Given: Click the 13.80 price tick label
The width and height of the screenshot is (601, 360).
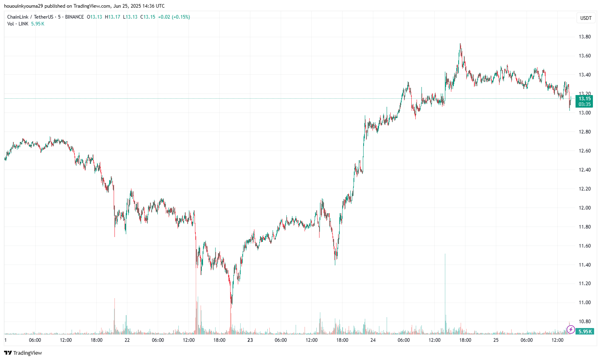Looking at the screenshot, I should (x=584, y=37).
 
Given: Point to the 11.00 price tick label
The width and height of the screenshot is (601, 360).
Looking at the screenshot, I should (x=584, y=303).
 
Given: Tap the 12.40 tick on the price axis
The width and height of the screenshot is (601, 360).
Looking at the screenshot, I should (x=584, y=170).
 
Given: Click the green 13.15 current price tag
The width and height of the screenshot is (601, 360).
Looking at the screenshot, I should (x=584, y=99).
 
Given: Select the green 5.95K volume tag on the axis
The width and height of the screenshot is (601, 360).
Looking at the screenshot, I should (x=585, y=331).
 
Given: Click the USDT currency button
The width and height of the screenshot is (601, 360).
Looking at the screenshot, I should (x=586, y=18).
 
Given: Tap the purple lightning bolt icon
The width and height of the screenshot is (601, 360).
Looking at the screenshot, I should (x=571, y=330).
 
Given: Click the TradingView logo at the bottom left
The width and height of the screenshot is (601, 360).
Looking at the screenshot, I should (x=23, y=353).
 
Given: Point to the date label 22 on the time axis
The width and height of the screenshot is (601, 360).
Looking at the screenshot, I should (x=127, y=340).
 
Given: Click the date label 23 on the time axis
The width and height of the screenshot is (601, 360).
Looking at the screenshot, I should (x=250, y=340).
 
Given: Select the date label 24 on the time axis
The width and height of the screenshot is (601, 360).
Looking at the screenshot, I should (x=373, y=340).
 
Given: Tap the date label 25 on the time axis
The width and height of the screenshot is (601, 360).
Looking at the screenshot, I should (x=496, y=340).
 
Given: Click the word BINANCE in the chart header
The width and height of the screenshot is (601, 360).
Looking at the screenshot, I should (x=74, y=17).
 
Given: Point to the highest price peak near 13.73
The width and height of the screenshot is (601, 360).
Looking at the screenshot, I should (x=460, y=44).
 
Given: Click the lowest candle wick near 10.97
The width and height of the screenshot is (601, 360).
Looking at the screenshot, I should (x=231, y=303).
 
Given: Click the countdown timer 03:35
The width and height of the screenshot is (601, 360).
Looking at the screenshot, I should (x=584, y=104).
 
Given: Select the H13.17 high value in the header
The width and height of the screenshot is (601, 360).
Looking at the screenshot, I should (x=112, y=17).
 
